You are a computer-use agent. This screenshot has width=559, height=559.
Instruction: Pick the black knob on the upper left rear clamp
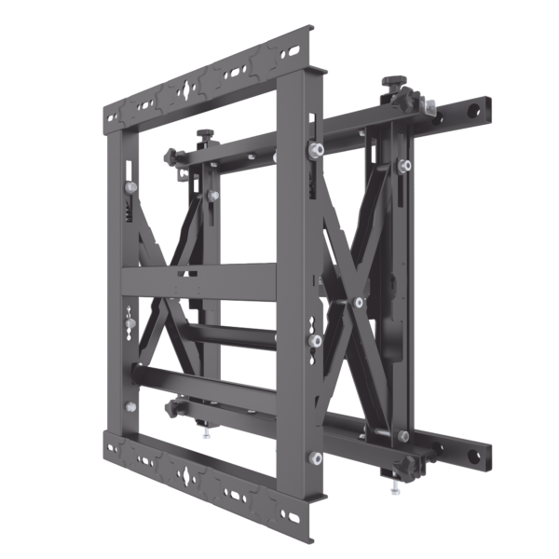tap(202, 133)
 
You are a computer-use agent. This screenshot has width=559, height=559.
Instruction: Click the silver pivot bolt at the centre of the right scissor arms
tap(359, 302)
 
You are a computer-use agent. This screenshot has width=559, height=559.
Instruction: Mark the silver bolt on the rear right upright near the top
tap(405, 166)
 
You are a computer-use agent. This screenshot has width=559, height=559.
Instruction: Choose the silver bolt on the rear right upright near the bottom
tap(403, 436)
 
